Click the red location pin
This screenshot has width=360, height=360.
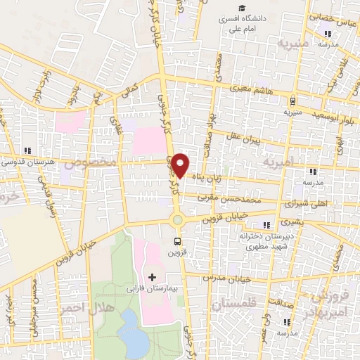[181, 165]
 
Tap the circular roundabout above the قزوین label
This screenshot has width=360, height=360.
[177, 219]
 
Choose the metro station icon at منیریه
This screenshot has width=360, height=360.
[291, 101]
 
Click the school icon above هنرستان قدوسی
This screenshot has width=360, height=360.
[27, 150]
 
